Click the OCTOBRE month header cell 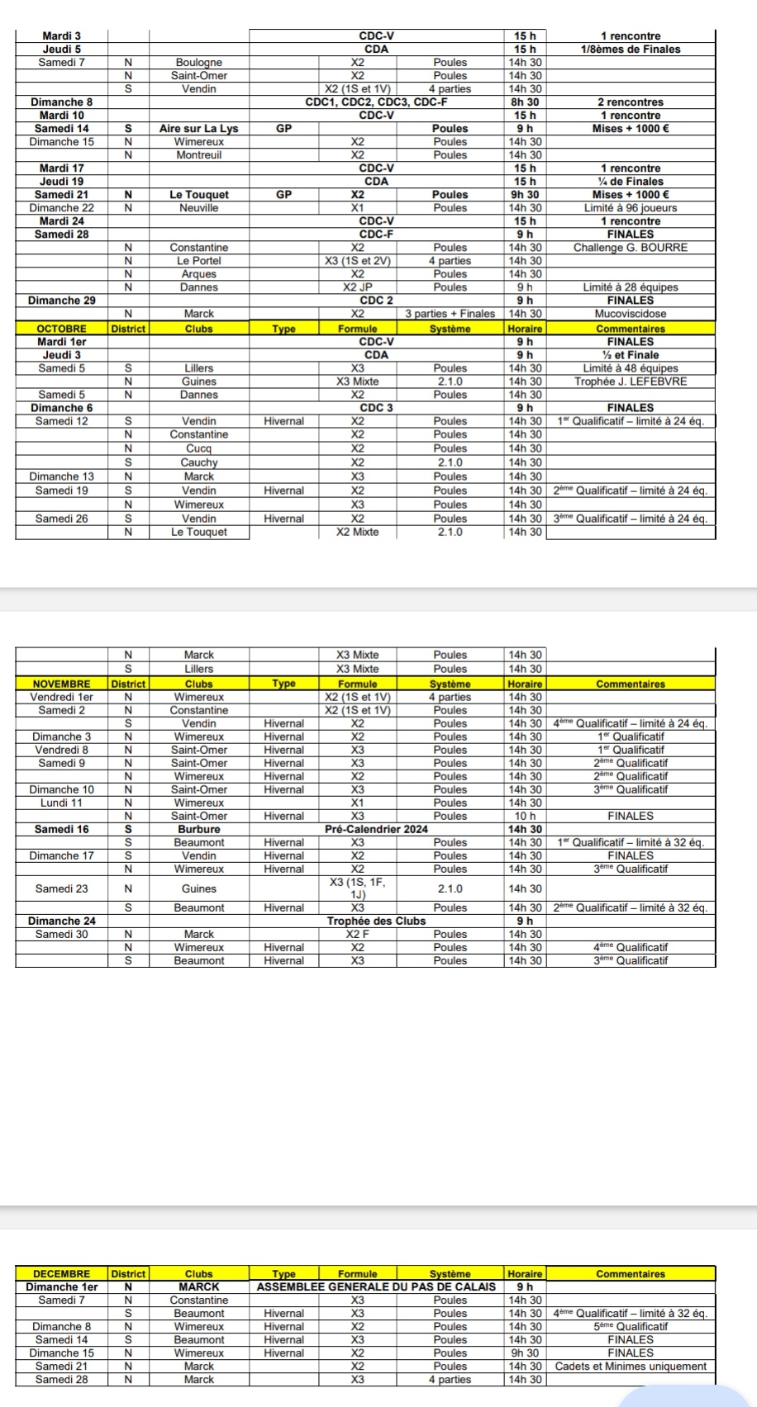pyautogui.click(x=62, y=328)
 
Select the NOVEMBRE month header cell pyautogui.click(x=62, y=684)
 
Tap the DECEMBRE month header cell pyautogui.click(x=62, y=1274)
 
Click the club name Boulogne pyautogui.click(x=199, y=63)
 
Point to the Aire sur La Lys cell pyautogui.click(x=199, y=129)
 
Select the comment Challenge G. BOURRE pyautogui.click(x=631, y=248)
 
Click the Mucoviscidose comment pyautogui.click(x=631, y=314)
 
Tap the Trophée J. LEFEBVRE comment pyautogui.click(x=631, y=381)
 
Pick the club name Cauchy pyautogui.click(x=199, y=462)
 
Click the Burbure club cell pyautogui.click(x=199, y=829)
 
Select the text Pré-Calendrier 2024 pyautogui.click(x=376, y=829)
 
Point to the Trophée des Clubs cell pyautogui.click(x=376, y=921)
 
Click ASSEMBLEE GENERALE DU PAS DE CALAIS pyautogui.click(x=376, y=1286)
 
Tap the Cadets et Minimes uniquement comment pyautogui.click(x=631, y=1366)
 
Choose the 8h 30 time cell pyautogui.click(x=525, y=102)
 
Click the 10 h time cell pyautogui.click(x=525, y=816)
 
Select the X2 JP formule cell pyautogui.click(x=358, y=287)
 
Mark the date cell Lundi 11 pyautogui.click(x=62, y=803)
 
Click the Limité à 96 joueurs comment pyautogui.click(x=631, y=208)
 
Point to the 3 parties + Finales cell pyautogui.click(x=450, y=314)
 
